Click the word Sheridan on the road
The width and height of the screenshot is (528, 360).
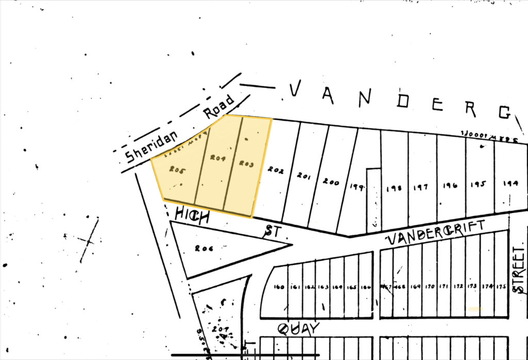click(152, 146)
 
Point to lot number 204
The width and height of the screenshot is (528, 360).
click(218, 160)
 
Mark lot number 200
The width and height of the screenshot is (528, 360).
click(331, 182)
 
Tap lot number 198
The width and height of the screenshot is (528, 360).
click(394, 189)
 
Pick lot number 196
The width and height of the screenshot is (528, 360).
click(450, 186)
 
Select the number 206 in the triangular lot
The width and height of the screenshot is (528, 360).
click(205, 248)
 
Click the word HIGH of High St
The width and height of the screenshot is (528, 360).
click(192, 215)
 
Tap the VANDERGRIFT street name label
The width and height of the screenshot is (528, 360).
click(436, 232)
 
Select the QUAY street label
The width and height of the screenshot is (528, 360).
click(299, 328)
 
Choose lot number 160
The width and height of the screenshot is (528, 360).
click(279, 287)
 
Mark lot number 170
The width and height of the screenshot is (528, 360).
click(430, 287)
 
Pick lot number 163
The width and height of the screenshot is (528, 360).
click(323, 287)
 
